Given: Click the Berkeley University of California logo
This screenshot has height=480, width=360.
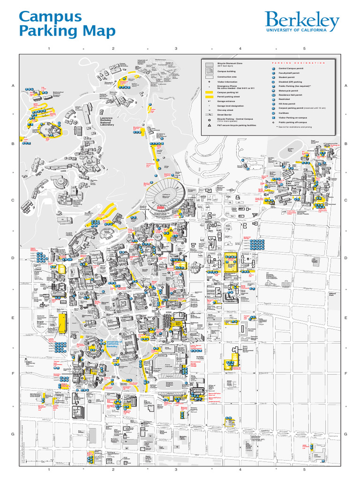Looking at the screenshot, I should click(x=302, y=22).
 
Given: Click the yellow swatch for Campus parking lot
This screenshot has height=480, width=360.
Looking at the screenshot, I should click(x=209, y=92).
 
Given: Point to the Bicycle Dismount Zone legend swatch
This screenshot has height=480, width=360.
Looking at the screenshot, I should click(x=209, y=64).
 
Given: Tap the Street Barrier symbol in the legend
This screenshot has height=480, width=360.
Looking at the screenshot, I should click(x=209, y=114).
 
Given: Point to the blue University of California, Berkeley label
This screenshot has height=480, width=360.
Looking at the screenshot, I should click(x=113, y=344).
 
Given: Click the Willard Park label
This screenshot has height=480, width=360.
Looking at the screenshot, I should click(x=332, y=294).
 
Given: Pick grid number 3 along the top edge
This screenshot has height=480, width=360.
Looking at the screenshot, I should click(x=176, y=48).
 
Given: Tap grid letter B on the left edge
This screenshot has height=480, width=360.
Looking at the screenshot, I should click(x=13, y=143).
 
